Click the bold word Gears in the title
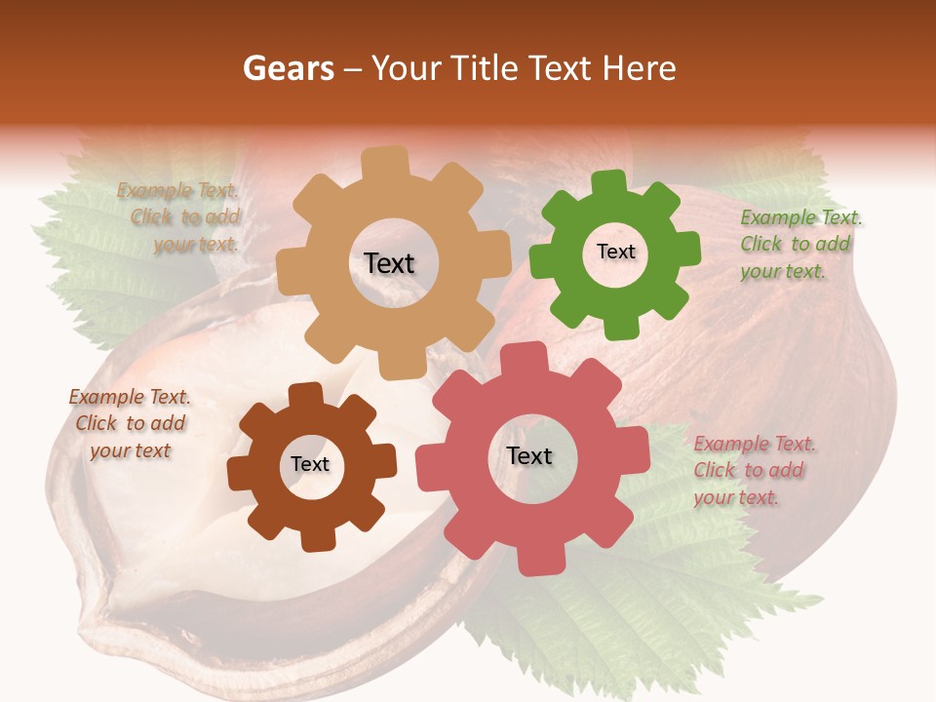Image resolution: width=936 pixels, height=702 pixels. coord(289,68)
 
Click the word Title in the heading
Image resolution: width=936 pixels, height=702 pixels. coord(487,68)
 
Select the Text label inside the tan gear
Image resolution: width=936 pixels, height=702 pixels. coord(389,263)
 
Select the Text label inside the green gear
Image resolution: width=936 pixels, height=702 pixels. coord(615,252)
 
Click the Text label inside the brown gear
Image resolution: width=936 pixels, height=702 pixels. coord(310,464)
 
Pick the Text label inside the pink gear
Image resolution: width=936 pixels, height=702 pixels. coord(529,455)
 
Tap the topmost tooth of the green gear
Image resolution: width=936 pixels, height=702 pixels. coord(609,182)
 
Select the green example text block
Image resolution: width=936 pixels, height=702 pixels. coord(799,244)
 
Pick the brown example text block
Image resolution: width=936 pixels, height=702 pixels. coord(130,423)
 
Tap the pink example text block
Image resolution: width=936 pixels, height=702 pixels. coord(754,470)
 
